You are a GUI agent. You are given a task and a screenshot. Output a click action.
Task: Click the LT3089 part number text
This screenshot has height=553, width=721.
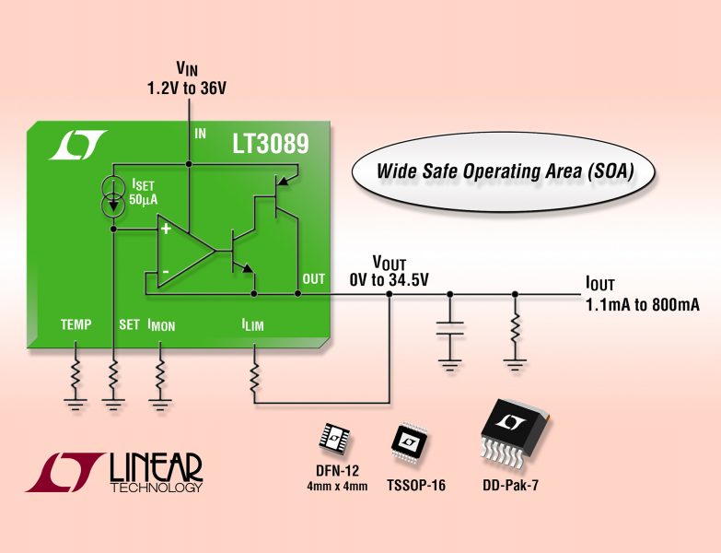(x=271, y=144)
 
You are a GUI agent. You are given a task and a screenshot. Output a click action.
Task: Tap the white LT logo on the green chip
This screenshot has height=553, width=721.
(x=77, y=145)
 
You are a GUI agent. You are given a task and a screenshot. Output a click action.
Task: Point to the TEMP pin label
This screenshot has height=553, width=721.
(x=76, y=324)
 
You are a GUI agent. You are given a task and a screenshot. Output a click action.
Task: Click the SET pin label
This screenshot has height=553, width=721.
(x=129, y=324)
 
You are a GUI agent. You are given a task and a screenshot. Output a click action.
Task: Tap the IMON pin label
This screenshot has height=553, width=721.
(x=161, y=325)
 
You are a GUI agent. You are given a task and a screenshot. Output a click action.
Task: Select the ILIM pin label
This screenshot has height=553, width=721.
(x=253, y=324)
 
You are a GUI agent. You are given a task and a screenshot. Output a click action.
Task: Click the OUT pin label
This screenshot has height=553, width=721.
(x=314, y=278)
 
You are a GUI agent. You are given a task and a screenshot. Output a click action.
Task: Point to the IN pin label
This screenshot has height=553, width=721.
(x=201, y=134)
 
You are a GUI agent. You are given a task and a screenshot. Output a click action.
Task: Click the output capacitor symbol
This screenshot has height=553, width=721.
(x=449, y=327)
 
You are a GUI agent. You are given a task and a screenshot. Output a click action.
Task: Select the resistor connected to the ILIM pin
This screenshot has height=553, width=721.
(x=254, y=378)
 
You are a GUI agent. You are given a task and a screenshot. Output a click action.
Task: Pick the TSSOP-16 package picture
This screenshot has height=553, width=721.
(x=409, y=441)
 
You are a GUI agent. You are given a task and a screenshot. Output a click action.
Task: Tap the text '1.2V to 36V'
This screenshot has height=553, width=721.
(x=187, y=88)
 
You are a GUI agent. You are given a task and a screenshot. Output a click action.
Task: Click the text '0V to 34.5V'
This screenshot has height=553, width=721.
(x=389, y=279)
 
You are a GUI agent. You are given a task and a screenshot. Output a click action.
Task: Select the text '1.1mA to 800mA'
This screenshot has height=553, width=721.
(x=643, y=304)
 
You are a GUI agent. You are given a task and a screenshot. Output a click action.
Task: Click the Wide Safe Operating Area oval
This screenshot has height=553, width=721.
(x=504, y=172)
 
